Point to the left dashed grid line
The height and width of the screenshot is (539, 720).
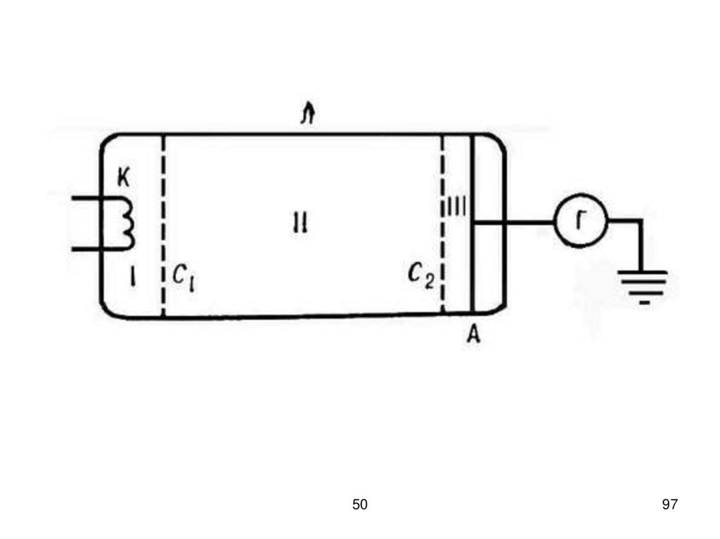click(163, 225)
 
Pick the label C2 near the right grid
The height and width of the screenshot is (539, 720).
click(422, 276)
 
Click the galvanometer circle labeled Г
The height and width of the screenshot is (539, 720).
click(581, 222)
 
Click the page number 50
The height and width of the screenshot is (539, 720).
click(359, 504)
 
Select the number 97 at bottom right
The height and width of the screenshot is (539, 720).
click(669, 504)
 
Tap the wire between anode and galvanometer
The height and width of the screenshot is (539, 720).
click(513, 222)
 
